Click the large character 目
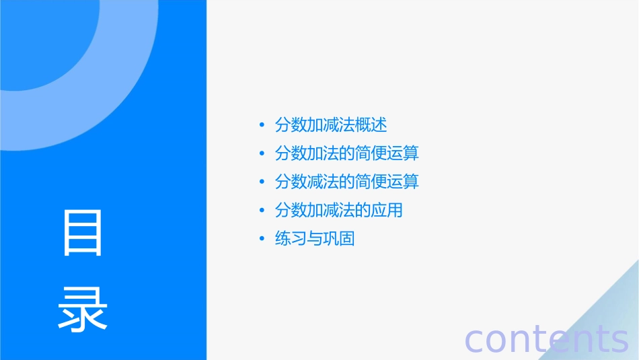83,233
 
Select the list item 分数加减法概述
331,125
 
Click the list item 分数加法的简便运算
347,153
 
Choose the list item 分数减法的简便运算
347,182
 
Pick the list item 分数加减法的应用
339,210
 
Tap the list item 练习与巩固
315,238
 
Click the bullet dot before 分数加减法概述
262,125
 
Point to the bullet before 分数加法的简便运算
262,153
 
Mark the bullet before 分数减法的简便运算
262,182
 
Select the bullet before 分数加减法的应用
262,210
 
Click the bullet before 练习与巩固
262,238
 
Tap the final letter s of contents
619,340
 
